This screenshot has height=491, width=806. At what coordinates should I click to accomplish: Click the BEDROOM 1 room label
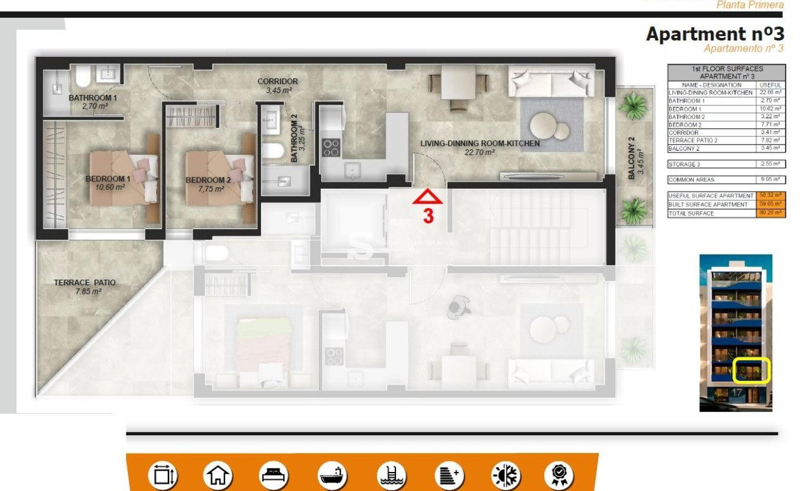tap(105, 179)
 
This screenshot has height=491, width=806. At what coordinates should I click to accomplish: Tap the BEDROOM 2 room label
tap(208, 180)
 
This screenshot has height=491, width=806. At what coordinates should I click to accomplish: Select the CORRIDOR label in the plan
tap(278, 81)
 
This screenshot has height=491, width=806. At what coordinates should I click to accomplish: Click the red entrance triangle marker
tap(427, 197)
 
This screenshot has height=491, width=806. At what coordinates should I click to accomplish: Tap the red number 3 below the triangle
tap(428, 216)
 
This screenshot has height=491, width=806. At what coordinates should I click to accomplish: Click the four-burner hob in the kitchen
tap(332, 148)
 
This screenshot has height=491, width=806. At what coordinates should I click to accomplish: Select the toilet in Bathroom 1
tap(83, 77)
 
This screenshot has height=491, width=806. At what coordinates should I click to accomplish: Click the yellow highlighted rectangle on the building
tap(751, 371)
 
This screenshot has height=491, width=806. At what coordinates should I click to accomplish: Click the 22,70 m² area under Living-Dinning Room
tap(479, 152)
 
